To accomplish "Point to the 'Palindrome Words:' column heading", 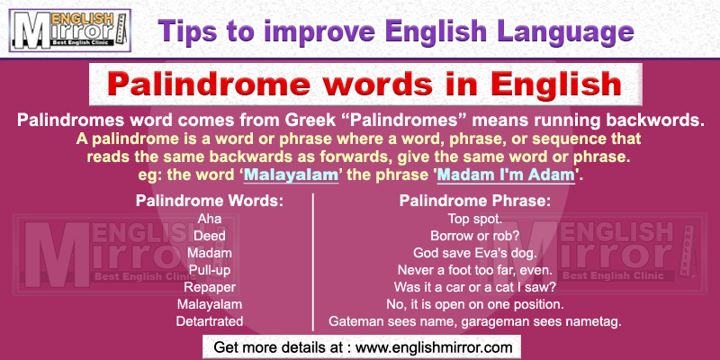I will point(209,201).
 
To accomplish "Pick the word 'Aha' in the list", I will point(209,219).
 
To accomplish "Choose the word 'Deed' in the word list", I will point(209,236).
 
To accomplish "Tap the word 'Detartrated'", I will point(209,320).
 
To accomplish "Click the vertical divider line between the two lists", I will point(313,261).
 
